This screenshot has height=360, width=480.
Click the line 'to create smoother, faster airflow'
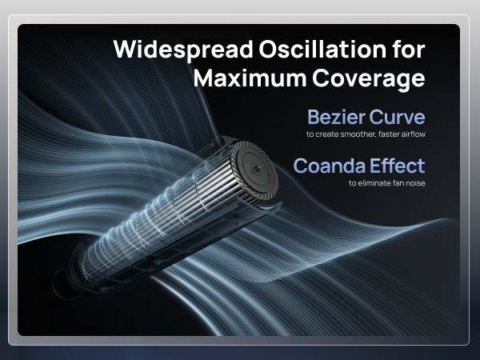366,134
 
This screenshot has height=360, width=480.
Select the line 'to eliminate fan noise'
386,183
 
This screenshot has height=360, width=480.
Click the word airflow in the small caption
412,134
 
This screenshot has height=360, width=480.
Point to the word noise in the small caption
414,183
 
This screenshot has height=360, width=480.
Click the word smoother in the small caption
353,134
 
